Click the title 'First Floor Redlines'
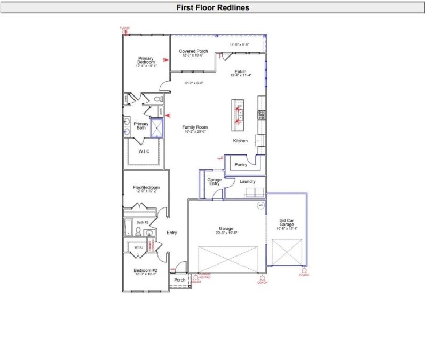(213, 8)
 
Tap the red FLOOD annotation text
(124, 28)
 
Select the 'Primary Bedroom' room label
(146, 60)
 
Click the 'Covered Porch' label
(193, 51)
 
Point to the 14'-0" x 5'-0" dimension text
(239, 45)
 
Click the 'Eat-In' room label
(240, 71)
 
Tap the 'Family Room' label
(195, 127)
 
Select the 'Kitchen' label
(240, 141)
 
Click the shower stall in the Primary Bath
(157, 129)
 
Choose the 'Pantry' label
(241, 165)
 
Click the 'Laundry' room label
(247, 181)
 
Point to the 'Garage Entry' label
(214, 182)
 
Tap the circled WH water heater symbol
(261, 205)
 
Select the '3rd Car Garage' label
(287, 222)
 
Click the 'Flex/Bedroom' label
(146, 188)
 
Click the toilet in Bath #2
(138, 231)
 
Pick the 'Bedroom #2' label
(145, 270)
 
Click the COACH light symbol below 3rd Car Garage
(304, 271)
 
